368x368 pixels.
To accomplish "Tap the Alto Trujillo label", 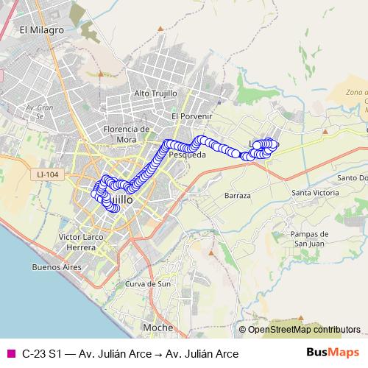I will [x=157, y=93].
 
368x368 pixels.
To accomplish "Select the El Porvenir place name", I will [x=191, y=116].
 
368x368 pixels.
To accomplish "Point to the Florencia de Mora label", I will [x=121, y=133].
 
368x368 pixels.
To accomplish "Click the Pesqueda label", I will [x=187, y=155].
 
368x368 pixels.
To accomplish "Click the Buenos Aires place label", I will [x=50, y=267].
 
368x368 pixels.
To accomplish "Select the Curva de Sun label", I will [x=148, y=284].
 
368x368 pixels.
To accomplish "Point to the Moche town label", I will [x=158, y=327].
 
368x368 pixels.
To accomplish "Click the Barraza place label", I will [x=239, y=196].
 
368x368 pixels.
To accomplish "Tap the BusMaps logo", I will [x=333, y=353].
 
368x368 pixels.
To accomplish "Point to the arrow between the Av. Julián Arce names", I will [x=159, y=353].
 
